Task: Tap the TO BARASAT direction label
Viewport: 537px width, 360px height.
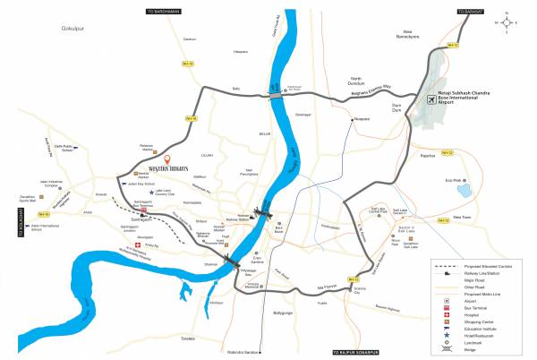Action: coord(476,10)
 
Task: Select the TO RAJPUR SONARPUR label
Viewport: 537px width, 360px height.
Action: coord(337,352)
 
